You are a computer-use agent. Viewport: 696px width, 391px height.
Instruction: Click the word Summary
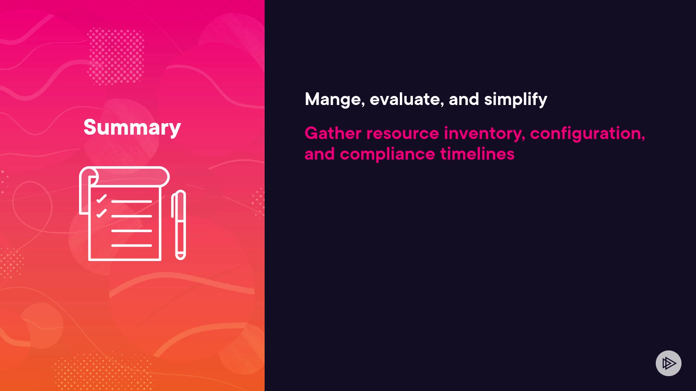point(132,128)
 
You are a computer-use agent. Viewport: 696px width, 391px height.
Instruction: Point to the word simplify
point(515,100)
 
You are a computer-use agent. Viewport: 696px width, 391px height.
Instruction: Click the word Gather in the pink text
point(333,133)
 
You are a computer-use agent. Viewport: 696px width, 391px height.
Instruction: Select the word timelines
point(477,154)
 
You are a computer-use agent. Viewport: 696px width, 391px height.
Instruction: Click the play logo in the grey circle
point(669,363)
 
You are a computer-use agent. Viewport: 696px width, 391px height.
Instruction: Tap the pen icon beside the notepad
point(179,225)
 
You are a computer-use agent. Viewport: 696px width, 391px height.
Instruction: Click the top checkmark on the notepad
point(101,199)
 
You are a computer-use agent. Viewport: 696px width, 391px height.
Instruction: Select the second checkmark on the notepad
point(101,213)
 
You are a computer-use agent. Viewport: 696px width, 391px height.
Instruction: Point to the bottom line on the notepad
point(132,245)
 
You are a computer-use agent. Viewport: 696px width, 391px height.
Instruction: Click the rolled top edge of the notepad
point(124,177)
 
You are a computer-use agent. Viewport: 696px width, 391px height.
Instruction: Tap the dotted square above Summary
point(116,56)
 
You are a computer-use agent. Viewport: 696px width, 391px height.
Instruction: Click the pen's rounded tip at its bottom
point(180,256)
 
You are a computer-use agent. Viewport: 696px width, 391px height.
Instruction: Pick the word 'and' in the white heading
point(464,99)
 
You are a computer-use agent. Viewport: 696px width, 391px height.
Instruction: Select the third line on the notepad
point(132,231)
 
